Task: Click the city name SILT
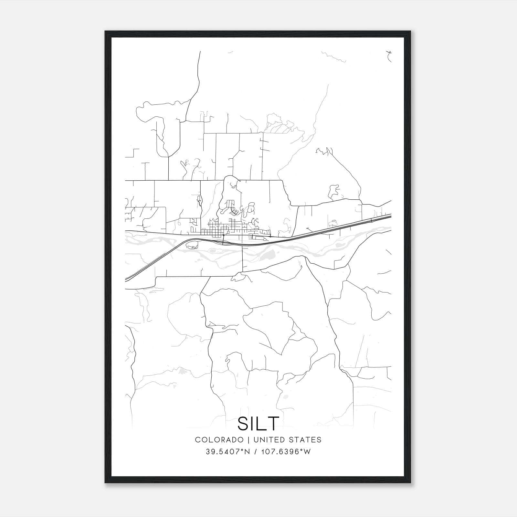[258, 424]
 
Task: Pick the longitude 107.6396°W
[285, 452]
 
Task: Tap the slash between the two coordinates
[256, 452]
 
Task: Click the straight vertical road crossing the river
[242, 258]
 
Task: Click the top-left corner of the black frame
[105, 32]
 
